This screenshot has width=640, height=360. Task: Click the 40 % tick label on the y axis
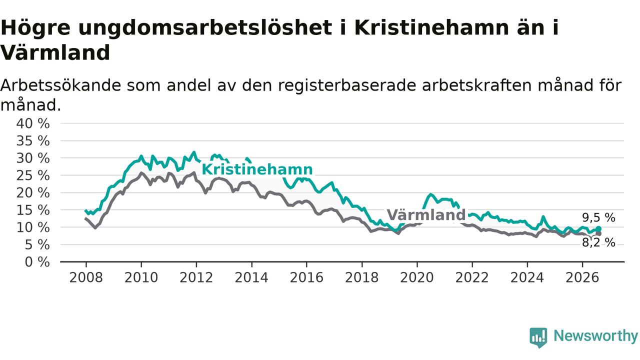click(33, 123)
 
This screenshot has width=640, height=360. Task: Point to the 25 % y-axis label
click(33, 175)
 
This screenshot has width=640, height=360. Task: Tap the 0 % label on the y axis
click(37, 262)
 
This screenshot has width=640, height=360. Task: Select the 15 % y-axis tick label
click(33, 210)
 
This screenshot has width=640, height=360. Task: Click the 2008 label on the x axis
click(86, 277)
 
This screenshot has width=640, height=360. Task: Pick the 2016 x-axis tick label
click(306, 277)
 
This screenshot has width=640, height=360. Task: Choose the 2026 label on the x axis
click(582, 277)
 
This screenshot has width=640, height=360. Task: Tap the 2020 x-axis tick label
click(417, 277)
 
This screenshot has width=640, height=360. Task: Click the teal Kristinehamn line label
click(257, 169)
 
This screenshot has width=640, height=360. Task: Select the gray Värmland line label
click(426, 215)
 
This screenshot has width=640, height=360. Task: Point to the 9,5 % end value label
click(598, 217)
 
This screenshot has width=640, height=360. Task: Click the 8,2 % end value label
click(598, 242)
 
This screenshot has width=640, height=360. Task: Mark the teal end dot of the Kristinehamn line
click(598, 229)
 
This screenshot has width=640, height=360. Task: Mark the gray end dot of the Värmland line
click(598, 233)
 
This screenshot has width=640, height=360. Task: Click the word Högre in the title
click(35, 28)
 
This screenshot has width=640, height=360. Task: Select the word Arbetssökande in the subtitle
click(60, 85)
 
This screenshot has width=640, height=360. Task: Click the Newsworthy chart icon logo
click(538, 337)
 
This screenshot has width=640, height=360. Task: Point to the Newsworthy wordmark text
click(595, 336)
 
